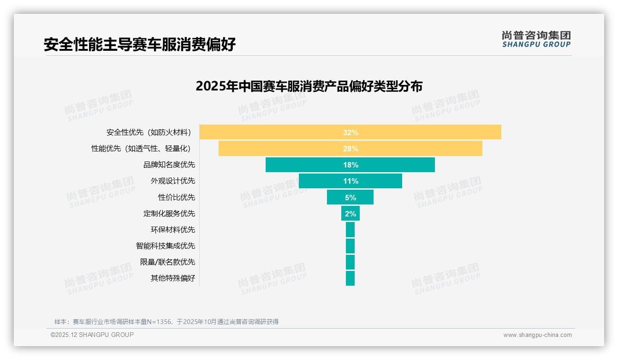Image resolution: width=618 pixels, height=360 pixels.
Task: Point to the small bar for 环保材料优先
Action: coord(350,229)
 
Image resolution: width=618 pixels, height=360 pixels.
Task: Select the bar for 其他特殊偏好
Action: coord(350,278)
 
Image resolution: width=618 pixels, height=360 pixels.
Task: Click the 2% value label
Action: coord(351,214)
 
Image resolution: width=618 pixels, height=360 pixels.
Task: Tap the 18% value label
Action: coord(351,165)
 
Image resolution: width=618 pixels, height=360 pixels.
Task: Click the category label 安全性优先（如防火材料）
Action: coord(149,133)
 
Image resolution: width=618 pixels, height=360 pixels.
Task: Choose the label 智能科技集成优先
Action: coord(165,246)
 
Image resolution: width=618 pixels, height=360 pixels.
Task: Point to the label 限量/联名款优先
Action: coord(167,262)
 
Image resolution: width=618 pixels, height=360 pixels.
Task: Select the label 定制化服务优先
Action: coord(169,213)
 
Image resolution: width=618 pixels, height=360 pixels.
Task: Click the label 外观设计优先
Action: coord(172,181)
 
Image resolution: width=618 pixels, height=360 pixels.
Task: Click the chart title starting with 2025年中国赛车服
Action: coord(309,86)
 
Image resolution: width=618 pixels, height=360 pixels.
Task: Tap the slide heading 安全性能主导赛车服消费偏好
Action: coord(140,44)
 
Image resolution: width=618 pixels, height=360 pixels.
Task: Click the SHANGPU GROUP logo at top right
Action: coord(536,39)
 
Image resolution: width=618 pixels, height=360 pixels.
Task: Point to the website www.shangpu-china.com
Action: coord(537,335)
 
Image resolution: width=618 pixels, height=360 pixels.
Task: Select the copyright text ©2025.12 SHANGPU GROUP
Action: coord(92,335)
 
